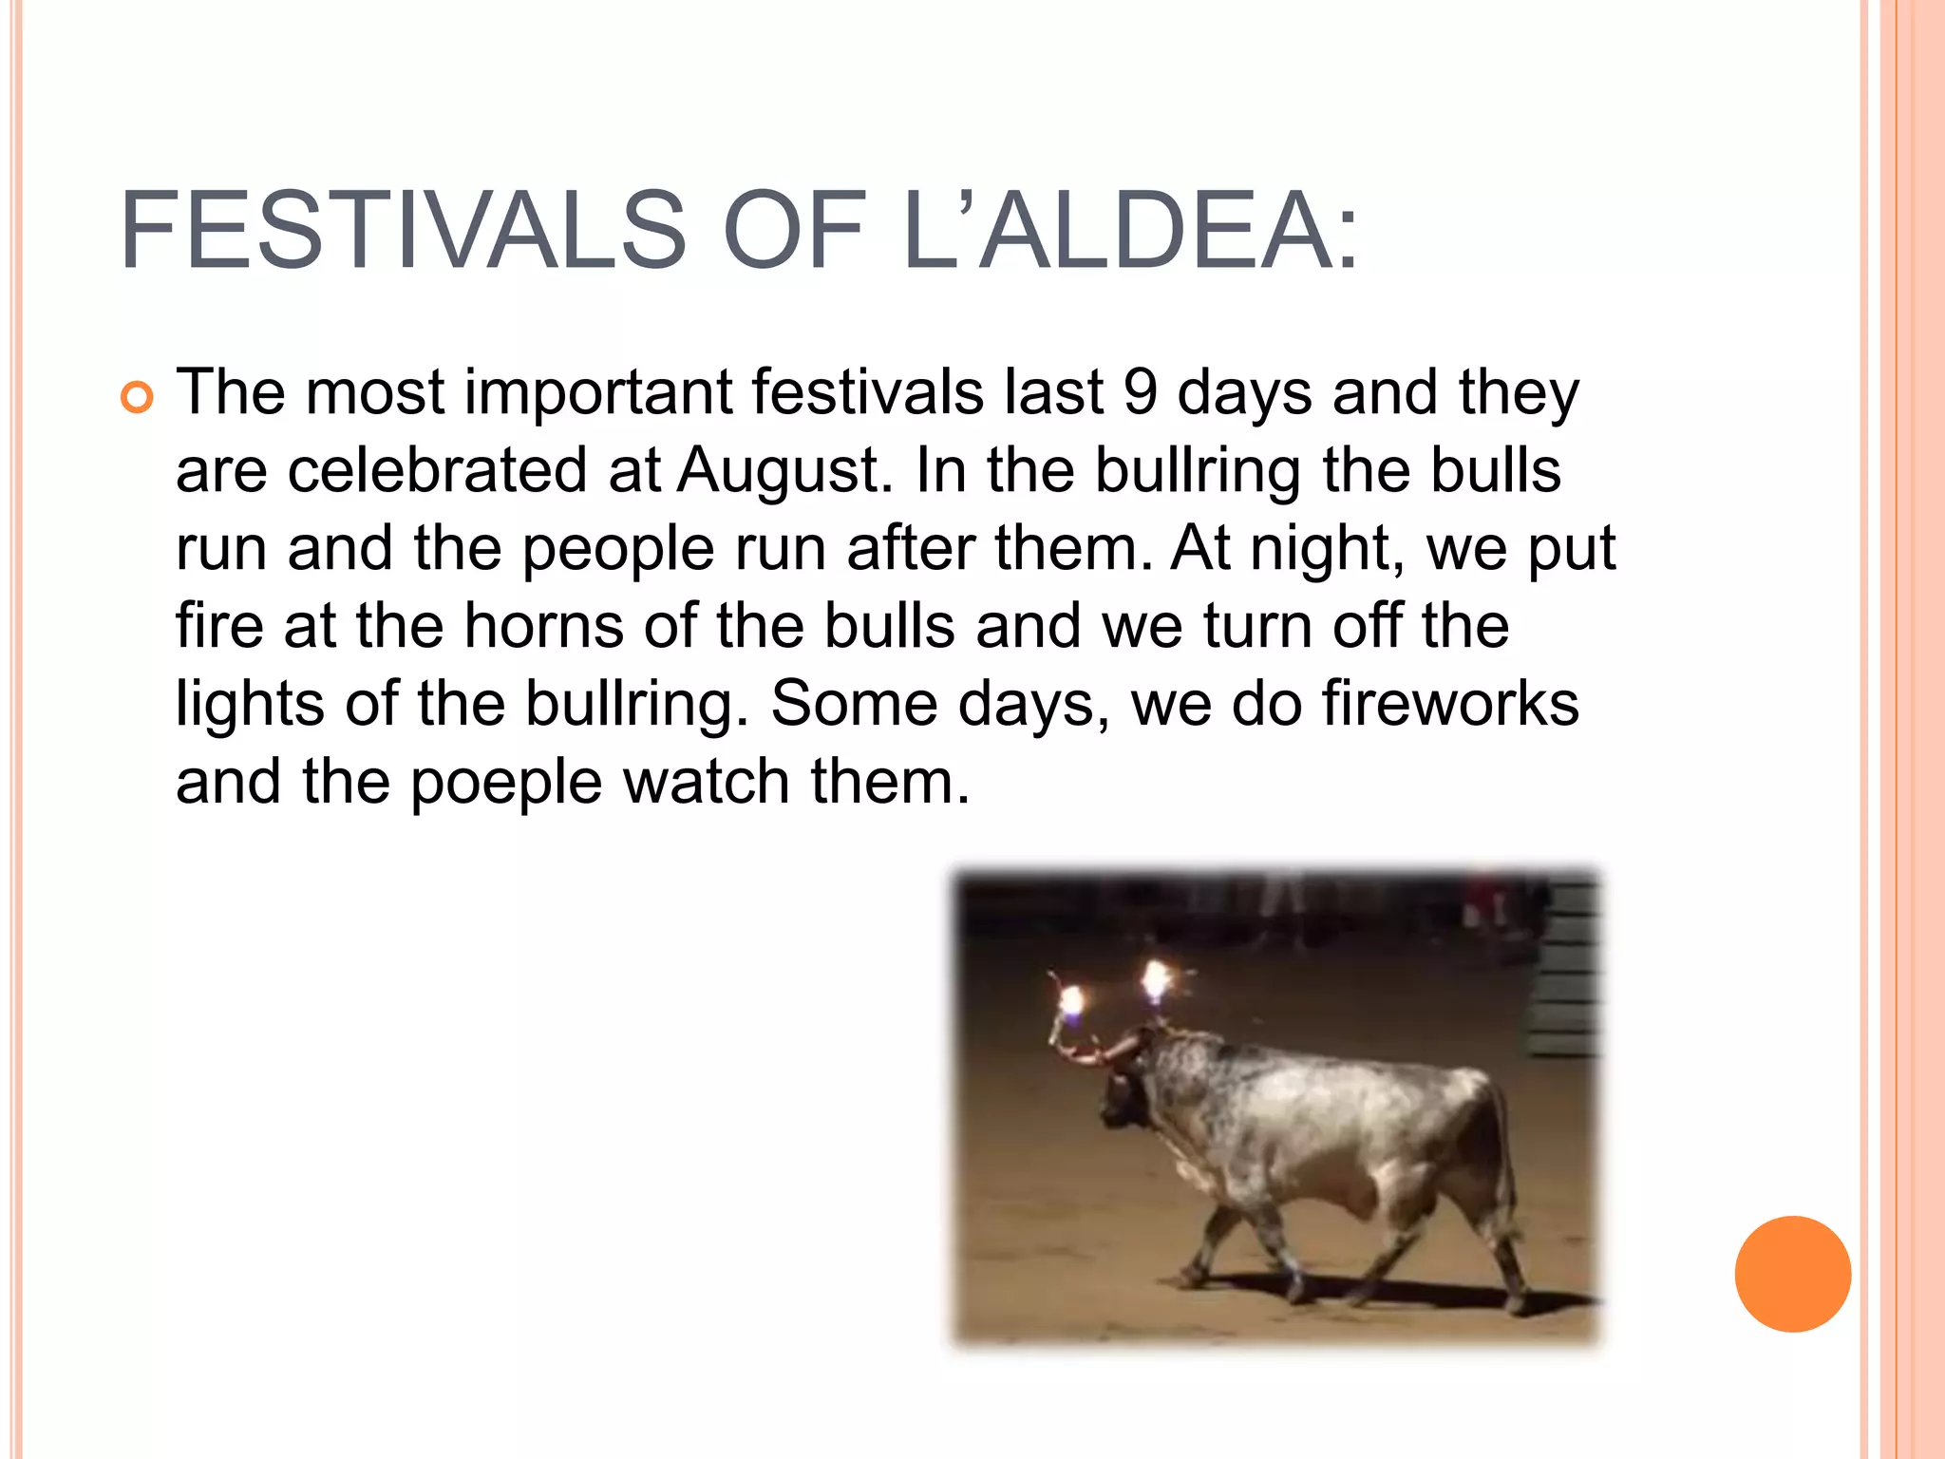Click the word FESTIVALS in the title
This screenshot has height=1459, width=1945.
click(403, 231)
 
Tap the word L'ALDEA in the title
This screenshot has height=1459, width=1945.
click(1130, 231)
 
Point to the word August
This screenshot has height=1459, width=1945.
click(784, 470)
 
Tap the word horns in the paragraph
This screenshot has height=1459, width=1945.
click(543, 626)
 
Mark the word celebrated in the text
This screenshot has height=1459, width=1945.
click(438, 470)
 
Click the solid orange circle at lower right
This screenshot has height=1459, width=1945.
click(1792, 1274)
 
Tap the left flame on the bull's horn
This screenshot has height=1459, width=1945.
click(1071, 1001)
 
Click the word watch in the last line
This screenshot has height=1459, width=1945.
click(706, 783)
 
